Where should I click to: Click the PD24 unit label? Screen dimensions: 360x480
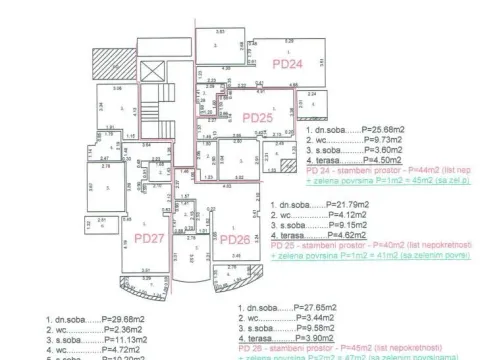tap(287, 63)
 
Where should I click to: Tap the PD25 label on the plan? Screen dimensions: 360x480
tap(258, 117)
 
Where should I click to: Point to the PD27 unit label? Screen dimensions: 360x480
tap(149, 239)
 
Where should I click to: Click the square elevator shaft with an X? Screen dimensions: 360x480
tap(153, 72)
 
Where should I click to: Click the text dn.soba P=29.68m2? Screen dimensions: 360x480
tap(95, 321)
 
